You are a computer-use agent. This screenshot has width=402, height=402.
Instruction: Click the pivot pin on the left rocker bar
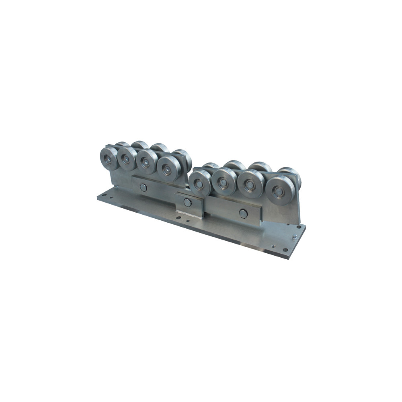point(144,187)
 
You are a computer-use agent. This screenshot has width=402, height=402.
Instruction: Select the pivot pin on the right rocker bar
point(243,214)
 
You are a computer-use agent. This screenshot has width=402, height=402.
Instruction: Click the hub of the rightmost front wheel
point(279,192)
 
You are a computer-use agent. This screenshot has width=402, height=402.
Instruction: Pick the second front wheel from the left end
point(126,160)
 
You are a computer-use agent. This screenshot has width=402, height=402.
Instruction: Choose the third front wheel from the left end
point(146,162)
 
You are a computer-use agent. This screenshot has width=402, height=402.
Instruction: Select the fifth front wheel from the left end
point(199,183)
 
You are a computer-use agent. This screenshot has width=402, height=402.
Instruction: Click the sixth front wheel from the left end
point(224,182)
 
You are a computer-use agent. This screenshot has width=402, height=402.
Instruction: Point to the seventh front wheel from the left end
point(250,185)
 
